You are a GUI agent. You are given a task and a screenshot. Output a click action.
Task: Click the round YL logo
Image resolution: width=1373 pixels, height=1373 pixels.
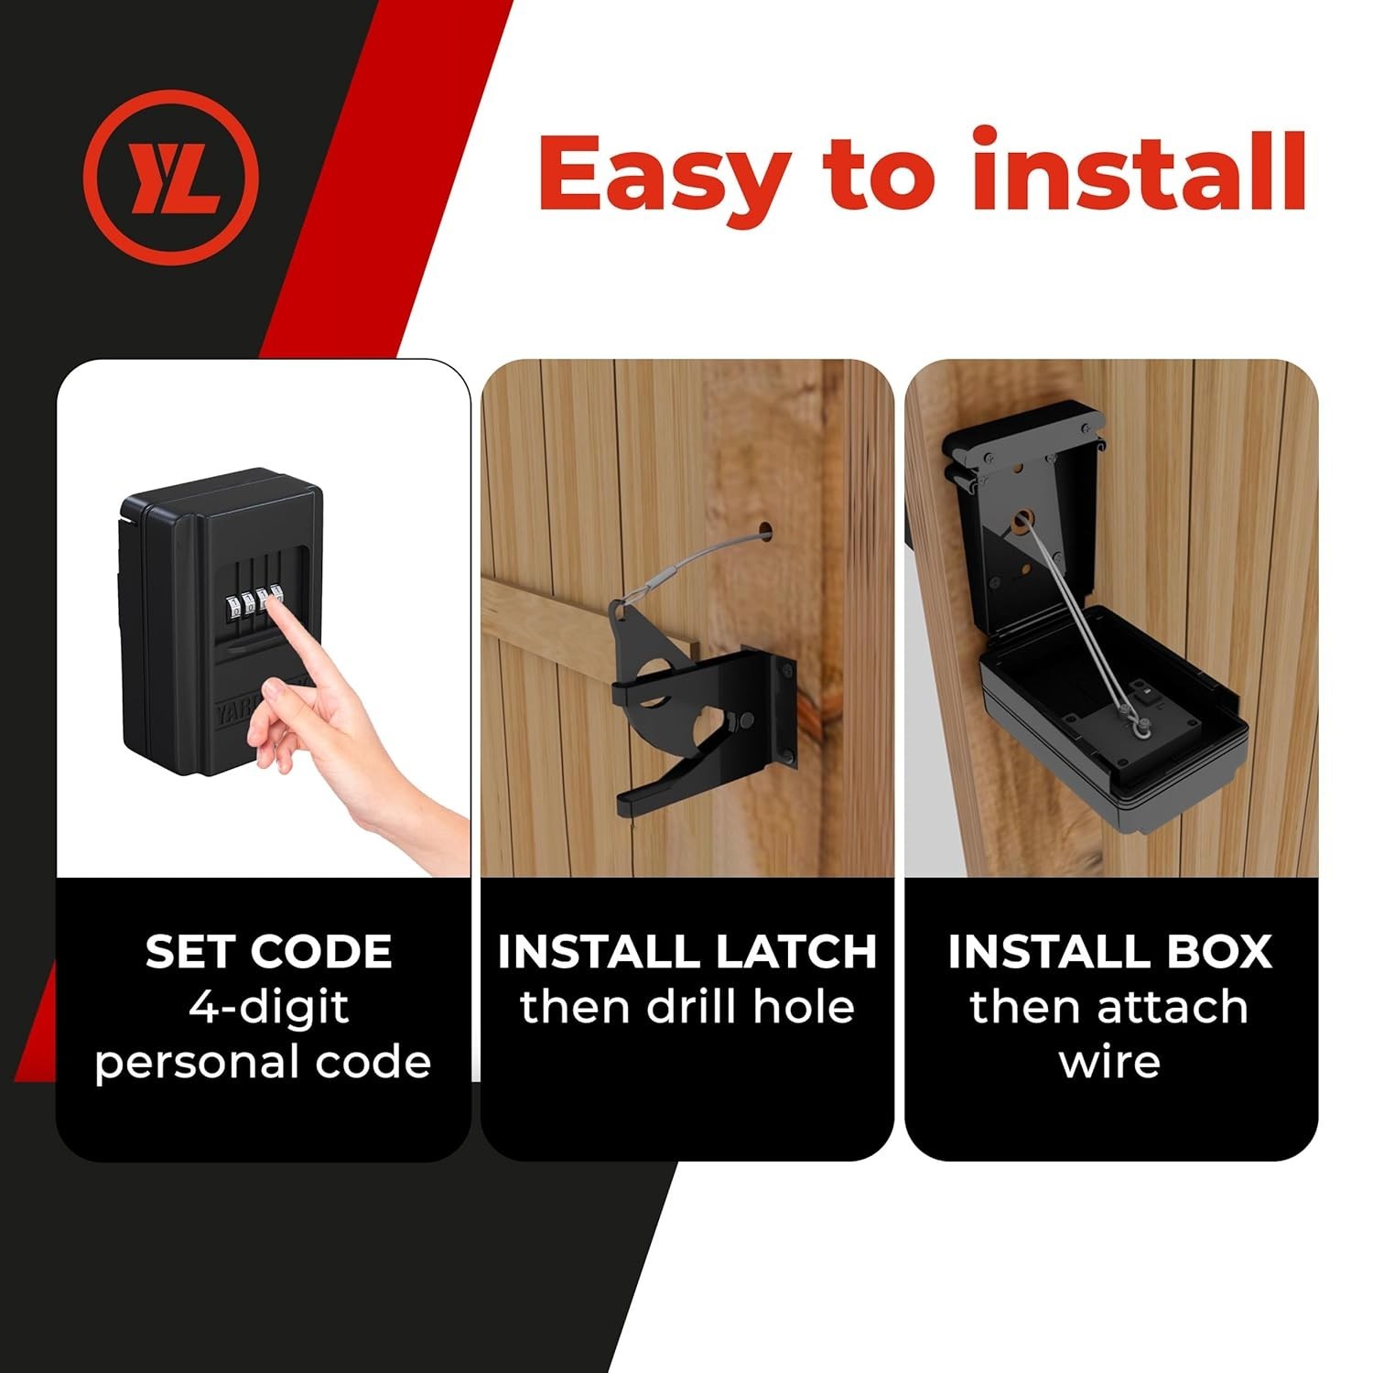pos(171,177)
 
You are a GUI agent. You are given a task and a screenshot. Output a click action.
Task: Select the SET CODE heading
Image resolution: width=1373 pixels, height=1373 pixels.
pos(268,952)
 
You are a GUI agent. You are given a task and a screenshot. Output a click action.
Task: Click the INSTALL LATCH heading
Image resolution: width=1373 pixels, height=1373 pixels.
pos(687,952)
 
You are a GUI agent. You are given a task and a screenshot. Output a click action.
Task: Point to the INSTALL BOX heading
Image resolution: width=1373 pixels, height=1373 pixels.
pos(1109,952)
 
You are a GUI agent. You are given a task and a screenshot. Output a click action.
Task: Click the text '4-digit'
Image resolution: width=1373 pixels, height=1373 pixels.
pos(268,1008)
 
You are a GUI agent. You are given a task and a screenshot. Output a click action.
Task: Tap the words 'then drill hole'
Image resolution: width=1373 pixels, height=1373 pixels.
pos(687,1007)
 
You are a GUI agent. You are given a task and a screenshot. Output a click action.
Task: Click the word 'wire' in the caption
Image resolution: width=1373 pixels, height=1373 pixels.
pos(1109,1063)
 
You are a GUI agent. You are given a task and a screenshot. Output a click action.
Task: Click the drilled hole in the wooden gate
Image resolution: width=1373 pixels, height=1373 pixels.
pos(765,529)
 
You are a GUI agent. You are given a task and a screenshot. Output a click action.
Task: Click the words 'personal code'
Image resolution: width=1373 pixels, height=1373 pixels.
pos(263,1063)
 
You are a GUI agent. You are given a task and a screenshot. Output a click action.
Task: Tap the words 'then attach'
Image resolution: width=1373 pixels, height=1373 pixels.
pos(1109,1007)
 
